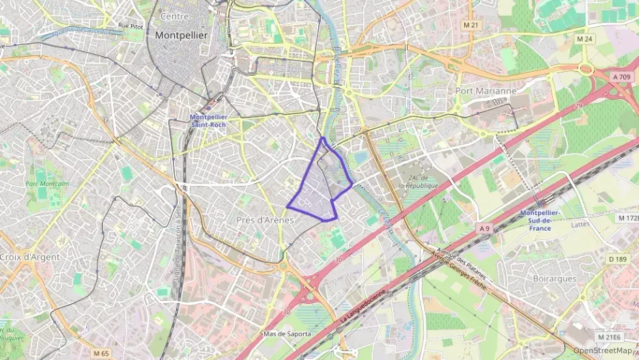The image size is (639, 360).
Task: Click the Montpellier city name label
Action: pyautogui.click(x=182, y=35)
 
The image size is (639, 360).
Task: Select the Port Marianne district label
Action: pyautogui.click(x=485, y=90)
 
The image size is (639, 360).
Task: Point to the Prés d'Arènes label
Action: pyautogui.click(x=265, y=220)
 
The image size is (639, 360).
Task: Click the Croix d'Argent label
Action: pyautogui.click(x=30, y=257)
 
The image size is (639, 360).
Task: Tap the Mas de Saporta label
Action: pyautogui.click(x=287, y=334)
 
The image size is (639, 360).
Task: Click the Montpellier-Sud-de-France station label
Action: pyautogui.click(x=540, y=220)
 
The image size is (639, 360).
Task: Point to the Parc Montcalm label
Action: pyautogui.click(x=47, y=183)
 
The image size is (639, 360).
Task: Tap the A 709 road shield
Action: pyautogui.click(x=621, y=77)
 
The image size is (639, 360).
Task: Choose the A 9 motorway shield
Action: pyautogui.click(x=484, y=227)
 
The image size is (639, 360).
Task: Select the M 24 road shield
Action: pyautogui.click(x=584, y=40)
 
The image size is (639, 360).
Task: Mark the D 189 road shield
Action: pyautogui.click(x=616, y=258)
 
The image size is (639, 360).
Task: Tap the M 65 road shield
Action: pyautogui.click(x=100, y=353)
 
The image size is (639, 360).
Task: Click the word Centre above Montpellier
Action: pyautogui.click(x=174, y=16)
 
